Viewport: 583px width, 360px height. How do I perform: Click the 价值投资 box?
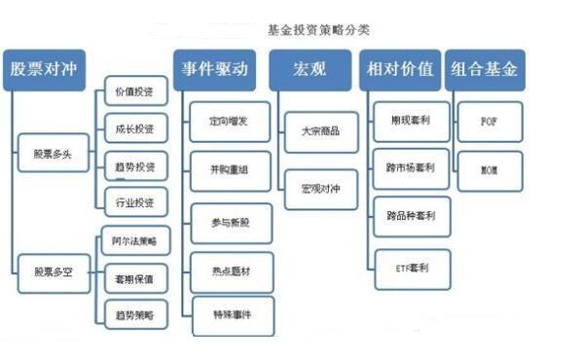(x=134, y=91)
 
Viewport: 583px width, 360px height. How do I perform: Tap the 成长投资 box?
(x=134, y=127)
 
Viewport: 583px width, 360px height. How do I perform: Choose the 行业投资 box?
(x=134, y=201)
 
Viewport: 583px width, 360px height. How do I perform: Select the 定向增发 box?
(x=230, y=124)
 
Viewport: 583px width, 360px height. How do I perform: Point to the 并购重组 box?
(x=230, y=172)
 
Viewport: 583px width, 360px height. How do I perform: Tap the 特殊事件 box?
(x=230, y=316)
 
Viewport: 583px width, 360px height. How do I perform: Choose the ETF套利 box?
(x=413, y=267)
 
